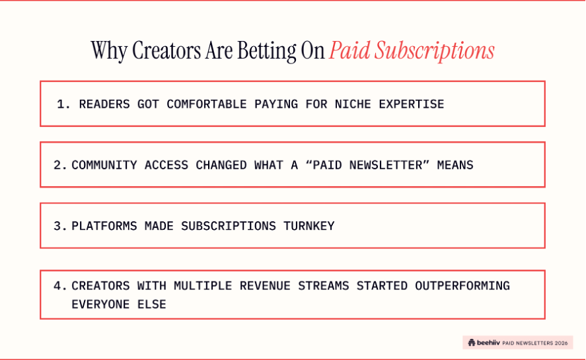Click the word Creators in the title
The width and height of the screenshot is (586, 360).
pyautogui.click(x=166, y=50)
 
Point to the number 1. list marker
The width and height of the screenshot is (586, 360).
pyautogui.click(x=63, y=104)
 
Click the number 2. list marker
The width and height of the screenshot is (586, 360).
pyautogui.click(x=60, y=165)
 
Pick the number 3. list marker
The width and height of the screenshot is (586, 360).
pyautogui.click(x=60, y=226)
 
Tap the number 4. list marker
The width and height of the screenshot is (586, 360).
pyautogui.click(x=60, y=286)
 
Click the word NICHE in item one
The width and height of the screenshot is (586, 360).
pyautogui.click(x=353, y=104)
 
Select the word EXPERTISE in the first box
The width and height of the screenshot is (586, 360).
pyautogui.click(x=412, y=104)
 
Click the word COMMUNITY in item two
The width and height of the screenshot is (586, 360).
pyautogui.click(x=104, y=165)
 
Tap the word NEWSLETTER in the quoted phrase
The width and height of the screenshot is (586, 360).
pyautogui.click(x=385, y=165)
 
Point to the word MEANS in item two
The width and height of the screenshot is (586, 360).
pyautogui.click(x=455, y=165)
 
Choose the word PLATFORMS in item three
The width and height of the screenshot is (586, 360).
pyautogui.click(x=104, y=226)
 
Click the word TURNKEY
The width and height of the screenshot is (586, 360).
pyautogui.click(x=309, y=226)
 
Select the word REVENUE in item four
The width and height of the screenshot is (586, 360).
pyautogui.click(x=265, y=286)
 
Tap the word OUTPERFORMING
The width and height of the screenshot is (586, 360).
pyautogui.click(x=462, y=286)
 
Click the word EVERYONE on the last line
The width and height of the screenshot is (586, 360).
pyautogui.click(x=100, y=305)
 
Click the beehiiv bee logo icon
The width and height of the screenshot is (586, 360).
pyautogui.click(x=472, y=342)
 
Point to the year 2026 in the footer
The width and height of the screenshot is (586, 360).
pyautogui.click(x=562, y=343)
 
